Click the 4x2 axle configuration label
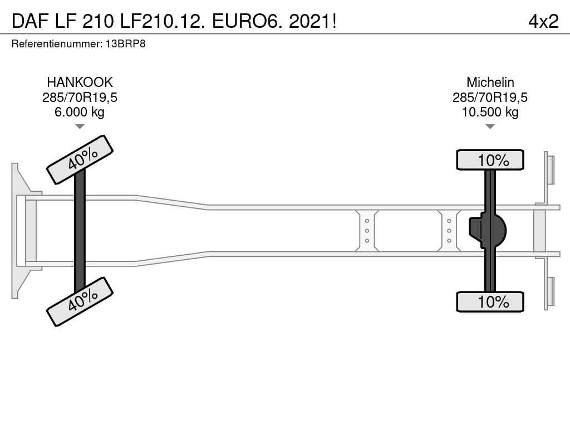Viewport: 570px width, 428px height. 543,21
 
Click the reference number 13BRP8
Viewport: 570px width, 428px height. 125,43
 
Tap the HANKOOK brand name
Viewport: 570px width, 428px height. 80,82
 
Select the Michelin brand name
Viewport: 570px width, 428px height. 490,82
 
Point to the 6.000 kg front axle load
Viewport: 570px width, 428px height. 80,112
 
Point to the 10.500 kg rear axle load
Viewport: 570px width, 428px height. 490,112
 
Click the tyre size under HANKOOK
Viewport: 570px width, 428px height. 80,98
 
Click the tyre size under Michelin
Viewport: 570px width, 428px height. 490,98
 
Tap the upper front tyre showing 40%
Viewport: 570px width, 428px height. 80,159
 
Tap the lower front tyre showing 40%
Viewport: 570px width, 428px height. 80,301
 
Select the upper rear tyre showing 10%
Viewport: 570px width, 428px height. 490,160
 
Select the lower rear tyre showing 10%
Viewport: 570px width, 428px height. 490,302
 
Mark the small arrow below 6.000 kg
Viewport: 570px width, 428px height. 80,127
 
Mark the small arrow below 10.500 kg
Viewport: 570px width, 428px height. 490,127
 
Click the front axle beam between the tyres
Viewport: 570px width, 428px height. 80,231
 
